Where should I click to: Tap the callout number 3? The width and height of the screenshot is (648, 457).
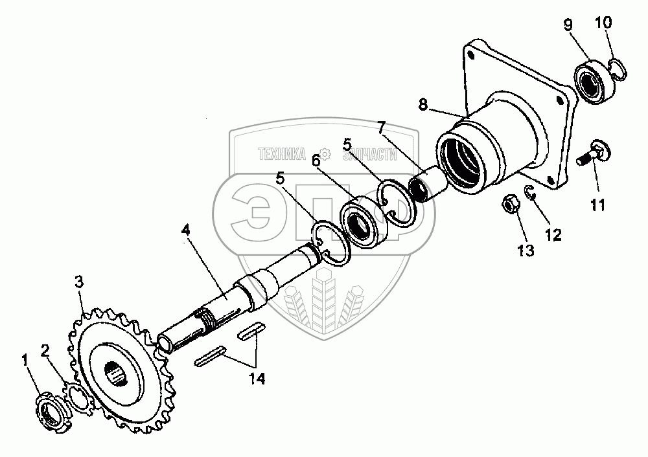[x=78, y=282]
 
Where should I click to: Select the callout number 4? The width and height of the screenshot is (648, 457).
[x=186, y=230]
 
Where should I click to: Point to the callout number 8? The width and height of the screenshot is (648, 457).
[x=422, y=106]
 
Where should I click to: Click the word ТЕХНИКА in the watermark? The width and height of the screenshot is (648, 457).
[x=282, y=154]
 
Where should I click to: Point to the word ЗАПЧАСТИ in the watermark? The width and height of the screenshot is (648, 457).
[x=368, y=154]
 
